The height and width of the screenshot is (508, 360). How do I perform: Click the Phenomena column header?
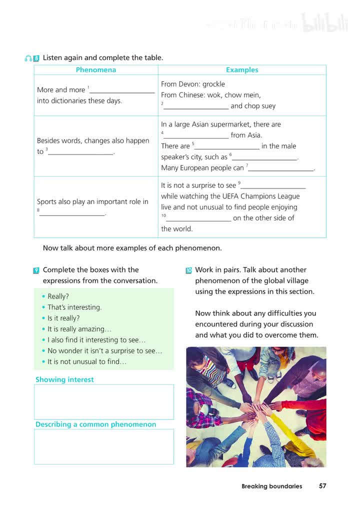pyautogui.click(x=95, y=70)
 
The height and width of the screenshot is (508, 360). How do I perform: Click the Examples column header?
pyautogui.click(x=242, y=70)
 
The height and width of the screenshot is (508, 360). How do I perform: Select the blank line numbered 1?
pyautogui.click(x=122, y=91)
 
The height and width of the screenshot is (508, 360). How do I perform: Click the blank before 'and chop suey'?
pyautogui.click(x=196, y=106)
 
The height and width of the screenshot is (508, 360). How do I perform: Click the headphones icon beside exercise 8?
pyautogui.click(x=28, y=58)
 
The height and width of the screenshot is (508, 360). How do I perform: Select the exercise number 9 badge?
pyautogui.click(x=36, y=270)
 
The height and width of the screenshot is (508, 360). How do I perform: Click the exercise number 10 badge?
pyautogui.click(x=188, y=270)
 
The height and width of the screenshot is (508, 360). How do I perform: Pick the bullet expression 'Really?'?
pyautogui.click(x=58, y=296)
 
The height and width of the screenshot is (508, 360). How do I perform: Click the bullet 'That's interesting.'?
pyautogui.click(x=74, y=307)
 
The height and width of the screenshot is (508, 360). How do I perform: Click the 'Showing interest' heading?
pyautogui.click(x=64, y=379)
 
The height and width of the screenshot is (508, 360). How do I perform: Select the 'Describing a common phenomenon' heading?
pyautogui.click(x=95, y=424)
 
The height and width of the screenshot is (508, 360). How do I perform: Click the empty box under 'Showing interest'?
pyautogui.click(x=104, y=401)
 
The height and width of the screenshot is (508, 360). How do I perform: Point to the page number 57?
pyautogui.click(x=322, y=486)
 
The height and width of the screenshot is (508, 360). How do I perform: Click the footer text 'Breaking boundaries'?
pyautogui.click(x=271, y=486)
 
